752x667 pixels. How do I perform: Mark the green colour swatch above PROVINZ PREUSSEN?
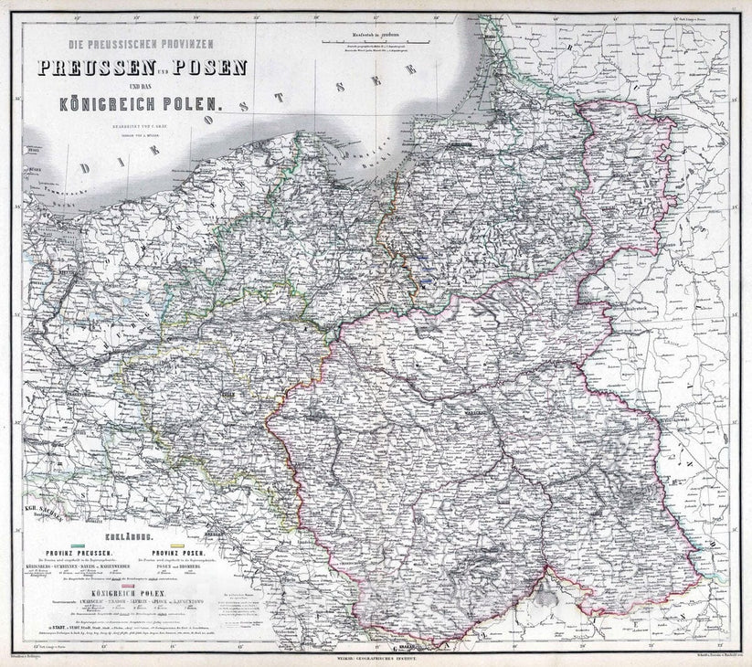click(x=76, y=545)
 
